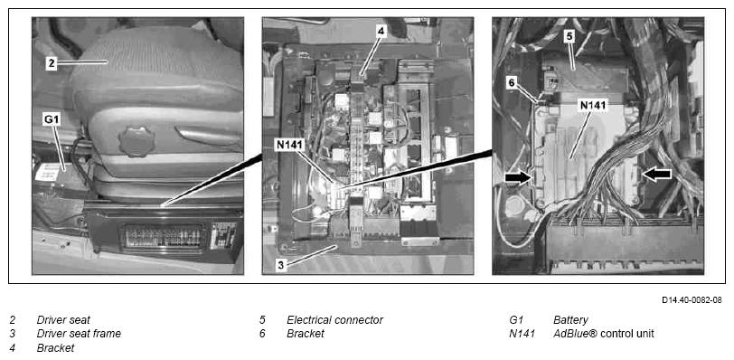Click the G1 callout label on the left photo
51,119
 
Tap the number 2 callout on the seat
51,63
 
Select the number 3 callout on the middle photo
280,265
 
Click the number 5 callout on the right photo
569,37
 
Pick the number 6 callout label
512,83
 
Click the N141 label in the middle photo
290,146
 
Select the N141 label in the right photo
593,105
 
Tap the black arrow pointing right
518,178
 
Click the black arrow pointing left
657,175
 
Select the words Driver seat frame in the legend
79,334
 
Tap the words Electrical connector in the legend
334,320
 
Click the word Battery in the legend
570,321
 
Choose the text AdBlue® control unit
604,334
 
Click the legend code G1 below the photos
516,320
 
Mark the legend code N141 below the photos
522,334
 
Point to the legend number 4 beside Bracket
12,348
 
